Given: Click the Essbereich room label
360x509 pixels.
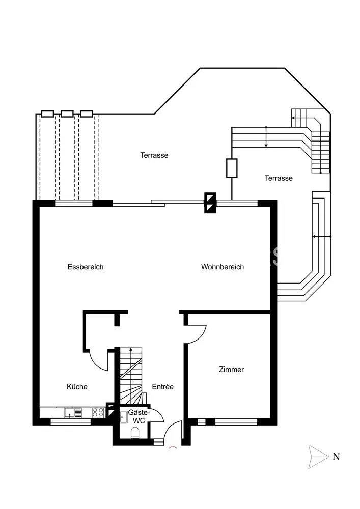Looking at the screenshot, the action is pyautogui.click(x=86, y=267).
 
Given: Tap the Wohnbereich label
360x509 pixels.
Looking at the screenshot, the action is pyautogui.click(x=223, y=267).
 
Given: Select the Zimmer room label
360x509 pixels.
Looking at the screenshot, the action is pyautogui.click(x=232, y=370).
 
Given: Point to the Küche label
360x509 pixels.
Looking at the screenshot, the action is pyautogui.click(x=77, y=387).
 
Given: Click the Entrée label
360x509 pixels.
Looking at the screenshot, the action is pyautogui.click(x=162, y=387).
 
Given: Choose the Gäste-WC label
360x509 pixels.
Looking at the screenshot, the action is pyautogui.click(x=139, y=416).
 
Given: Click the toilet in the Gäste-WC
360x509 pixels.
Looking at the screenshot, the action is pyautogui.click(x=135, y=433).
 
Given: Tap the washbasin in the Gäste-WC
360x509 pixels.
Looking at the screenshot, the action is pyautogui.click(x=124, y=417).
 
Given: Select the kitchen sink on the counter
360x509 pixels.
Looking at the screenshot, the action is pyautogui.click(x=73, y=413).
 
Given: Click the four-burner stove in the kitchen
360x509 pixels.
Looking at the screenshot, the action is pyautogui.click(x=98, y=413).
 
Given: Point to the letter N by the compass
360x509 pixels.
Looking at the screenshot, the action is pyautogui.click(x=336, y=457).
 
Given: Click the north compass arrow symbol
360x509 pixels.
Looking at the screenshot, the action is pyautogui.click(x=318, y=457).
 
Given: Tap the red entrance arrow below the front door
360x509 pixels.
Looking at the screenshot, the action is pyautogui.click(x=173, y=447).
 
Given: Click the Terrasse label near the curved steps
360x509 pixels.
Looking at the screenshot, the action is pyautogui.click(x=279, y=178).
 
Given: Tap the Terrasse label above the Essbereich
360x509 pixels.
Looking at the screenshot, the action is pyautogui.click(x=154, y=155).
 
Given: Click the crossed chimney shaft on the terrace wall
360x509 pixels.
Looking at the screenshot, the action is pyautogui.click(x=210, y=203).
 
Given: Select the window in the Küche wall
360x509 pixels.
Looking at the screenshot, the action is pyautogui.click(x=70, y=421).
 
